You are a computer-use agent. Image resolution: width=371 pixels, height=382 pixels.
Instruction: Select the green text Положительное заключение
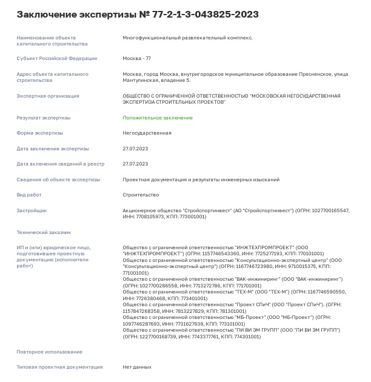(x=158, y=118)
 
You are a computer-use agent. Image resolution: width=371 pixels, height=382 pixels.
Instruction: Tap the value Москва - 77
(x=137, y=58)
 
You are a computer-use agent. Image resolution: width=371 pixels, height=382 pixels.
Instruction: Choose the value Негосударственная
(x=147, y=133)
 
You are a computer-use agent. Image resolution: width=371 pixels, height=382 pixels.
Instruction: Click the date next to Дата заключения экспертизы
(x=135, y=149)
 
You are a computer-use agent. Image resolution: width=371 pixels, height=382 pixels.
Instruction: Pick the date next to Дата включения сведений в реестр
(x=135, y=164)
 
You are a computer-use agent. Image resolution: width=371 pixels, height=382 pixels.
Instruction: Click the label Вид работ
(x=29, y=195)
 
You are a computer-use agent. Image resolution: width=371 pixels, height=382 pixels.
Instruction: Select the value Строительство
(x=141, y=195)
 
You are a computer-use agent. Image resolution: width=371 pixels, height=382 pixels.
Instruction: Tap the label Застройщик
(x=32, y=210)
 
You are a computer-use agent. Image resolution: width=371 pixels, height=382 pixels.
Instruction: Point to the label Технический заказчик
(x=44, y=232)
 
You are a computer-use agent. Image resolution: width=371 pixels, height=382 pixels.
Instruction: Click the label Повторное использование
(x=49, y=352)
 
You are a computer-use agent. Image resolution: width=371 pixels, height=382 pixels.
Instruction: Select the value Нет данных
(x=137, y=367)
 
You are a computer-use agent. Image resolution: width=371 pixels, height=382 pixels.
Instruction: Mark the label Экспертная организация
(x=47, y=96)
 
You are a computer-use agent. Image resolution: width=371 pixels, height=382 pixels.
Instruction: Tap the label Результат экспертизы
(x=43, y=118)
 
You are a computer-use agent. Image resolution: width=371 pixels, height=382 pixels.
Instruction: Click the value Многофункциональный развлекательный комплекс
(x=187, y=38)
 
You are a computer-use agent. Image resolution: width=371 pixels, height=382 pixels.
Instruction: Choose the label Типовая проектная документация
(x=59, y=367)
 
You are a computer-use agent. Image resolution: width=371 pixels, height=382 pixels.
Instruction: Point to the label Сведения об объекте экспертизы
(x=58, y=179)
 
